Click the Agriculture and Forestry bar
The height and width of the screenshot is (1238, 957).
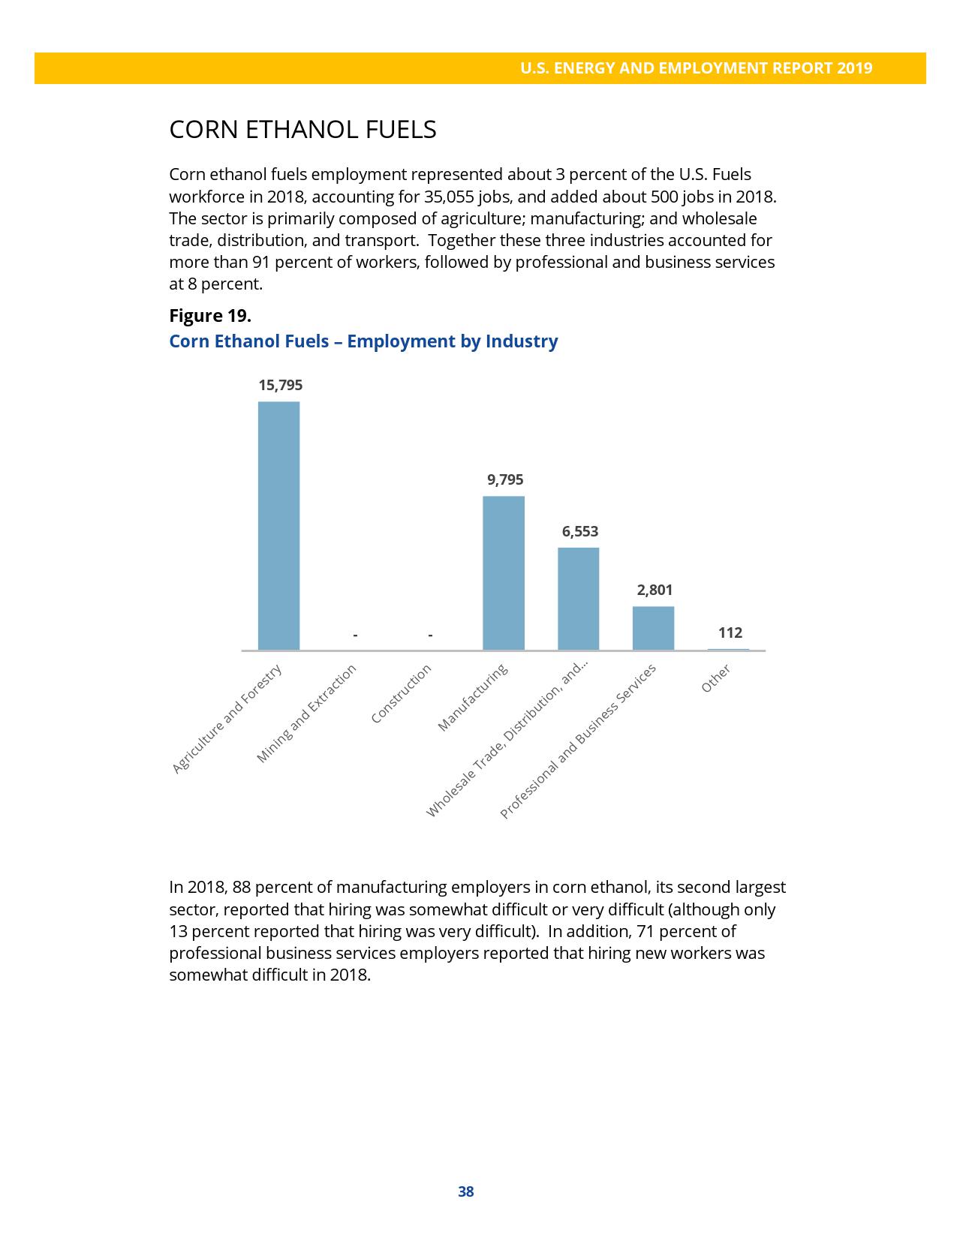(x=278, y=525)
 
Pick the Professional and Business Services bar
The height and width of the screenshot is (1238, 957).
(x=653, y=628)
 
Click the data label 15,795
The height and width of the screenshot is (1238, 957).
(x=280, y=386)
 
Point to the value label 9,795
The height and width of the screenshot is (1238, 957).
(x=505, y=480)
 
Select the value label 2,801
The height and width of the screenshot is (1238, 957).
(x=655, y=590)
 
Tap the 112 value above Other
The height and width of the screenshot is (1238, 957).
(x=730, y=633)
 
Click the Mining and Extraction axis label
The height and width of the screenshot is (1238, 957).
(x=307, y=714)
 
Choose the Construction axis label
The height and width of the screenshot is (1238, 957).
(x=402, y=694)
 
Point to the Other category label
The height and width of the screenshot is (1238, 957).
(x=715, y=679)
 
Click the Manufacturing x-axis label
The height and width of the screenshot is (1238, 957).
(x=474, y=698)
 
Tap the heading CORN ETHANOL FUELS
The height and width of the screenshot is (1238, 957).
(x=302, y=130)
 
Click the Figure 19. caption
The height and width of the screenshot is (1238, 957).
(x=210, y=316)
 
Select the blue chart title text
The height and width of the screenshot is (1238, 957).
(x=363, y=341)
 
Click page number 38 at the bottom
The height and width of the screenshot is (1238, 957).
(x=465, y=1192)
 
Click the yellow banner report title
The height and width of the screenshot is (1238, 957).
(x=696, y=68)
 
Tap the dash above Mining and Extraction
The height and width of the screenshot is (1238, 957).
(x=355, y=636)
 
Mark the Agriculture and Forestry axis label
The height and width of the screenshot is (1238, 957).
(x=227, y=720)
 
